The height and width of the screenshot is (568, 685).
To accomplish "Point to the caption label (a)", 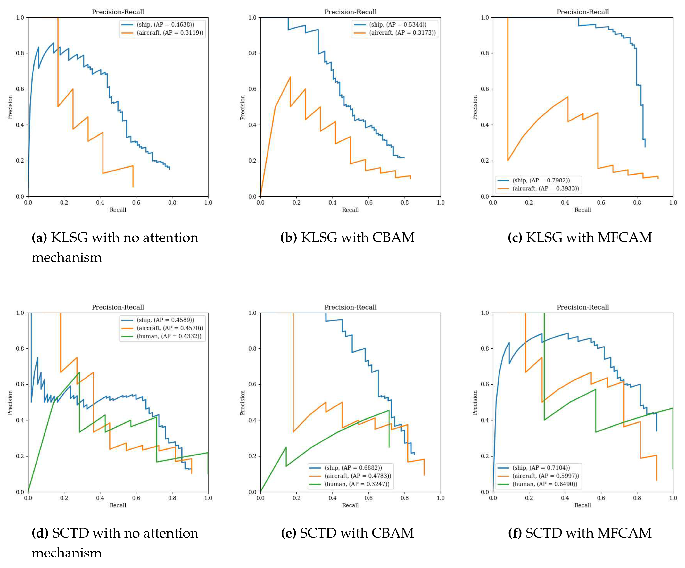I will (39, 238).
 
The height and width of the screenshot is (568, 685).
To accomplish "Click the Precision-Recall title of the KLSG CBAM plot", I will (350, 12).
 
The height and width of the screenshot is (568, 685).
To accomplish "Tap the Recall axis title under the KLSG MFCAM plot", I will (582, 210).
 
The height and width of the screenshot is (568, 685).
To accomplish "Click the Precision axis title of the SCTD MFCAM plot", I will (475, 403).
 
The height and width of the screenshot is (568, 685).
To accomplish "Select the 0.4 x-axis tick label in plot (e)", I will (332, 498).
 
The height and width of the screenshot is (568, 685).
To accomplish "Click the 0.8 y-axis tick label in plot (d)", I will (20, 348).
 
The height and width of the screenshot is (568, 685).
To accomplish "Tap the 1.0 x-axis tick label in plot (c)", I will (673, 202).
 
